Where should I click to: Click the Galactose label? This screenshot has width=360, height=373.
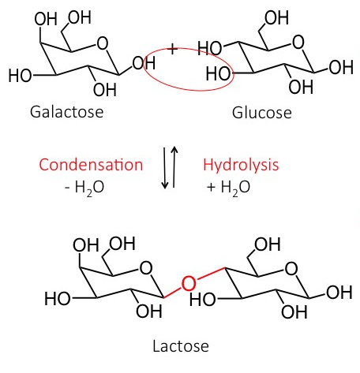coord(67,112)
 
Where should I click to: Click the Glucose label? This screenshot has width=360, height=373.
coord(262,113)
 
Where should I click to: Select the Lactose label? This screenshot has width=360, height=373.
coord(181,346)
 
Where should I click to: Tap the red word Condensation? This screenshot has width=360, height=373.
coord(91,165)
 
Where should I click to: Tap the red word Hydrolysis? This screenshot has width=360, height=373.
coord(241,165)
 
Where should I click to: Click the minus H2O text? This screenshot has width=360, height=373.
coord(84,188)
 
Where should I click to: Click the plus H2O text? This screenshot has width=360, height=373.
coord(228,188)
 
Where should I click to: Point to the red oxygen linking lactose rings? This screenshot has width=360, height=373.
coord(189,283)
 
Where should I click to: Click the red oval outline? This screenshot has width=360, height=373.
coord(189,91)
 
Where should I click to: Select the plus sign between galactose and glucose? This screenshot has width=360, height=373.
coord(172,49)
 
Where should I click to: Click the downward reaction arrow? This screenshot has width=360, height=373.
coord(165,168)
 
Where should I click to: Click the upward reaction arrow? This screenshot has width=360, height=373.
coord(174,166)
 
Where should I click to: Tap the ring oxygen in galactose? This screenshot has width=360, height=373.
coord(103,43)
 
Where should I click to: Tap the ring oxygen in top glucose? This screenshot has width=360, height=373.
coord(298,43)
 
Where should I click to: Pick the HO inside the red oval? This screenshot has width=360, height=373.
coord(218,73)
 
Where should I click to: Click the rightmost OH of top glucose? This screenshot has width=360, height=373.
coord(341,67)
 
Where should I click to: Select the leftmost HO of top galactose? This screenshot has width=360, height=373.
coord(20,76)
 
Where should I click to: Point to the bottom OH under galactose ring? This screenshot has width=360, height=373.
coord(105,90)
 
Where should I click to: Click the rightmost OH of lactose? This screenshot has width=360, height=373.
coord(339,293)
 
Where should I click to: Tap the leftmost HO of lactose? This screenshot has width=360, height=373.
coord(57,299)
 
